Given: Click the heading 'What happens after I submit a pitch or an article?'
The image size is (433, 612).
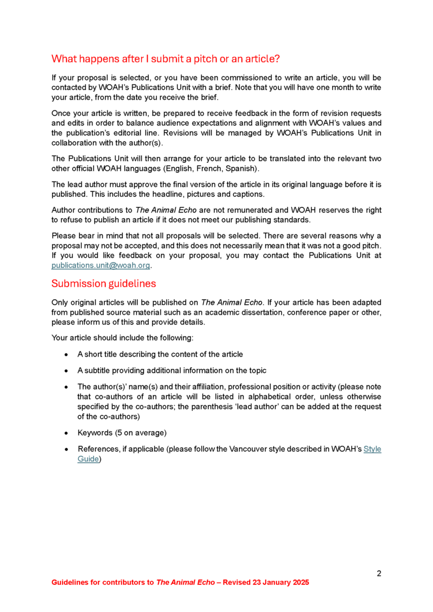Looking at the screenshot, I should (166, 59).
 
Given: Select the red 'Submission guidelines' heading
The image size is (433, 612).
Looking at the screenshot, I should (104, 283).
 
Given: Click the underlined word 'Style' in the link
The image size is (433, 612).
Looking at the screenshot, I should (372, 449).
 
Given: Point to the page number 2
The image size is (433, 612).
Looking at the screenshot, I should (379, 574).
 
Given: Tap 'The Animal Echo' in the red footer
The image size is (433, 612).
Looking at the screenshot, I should (185, 582).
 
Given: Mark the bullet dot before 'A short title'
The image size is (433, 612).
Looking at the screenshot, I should (67, 354).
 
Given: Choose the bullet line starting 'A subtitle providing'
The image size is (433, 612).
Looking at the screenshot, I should (171, 370).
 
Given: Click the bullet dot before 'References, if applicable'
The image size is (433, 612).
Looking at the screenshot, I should (67, 449).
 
